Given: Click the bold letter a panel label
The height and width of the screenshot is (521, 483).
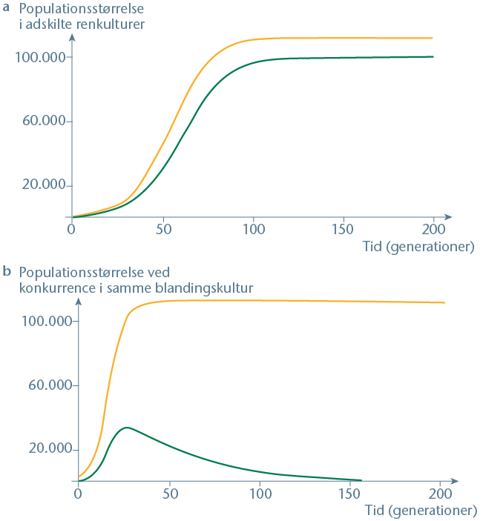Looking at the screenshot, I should pyautogui.click(x=7, y=8).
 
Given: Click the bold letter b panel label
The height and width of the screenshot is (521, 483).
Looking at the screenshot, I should pyautogui.click(x=7, y=272).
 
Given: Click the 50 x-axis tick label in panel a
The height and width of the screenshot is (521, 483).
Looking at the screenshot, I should pyautogui.click(x=162, y=228).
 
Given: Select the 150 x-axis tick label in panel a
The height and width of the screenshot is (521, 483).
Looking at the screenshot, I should pyautogui.click(x=344, y=228).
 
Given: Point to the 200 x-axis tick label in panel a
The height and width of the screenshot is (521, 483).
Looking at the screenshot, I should pyautogui.click(x=433, y=228).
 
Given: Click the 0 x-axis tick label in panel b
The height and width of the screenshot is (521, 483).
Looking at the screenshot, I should pyautogui.click(x=78, y=494).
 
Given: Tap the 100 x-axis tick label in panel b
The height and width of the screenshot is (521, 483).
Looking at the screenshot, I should pyautogui.click(x=260, y=494).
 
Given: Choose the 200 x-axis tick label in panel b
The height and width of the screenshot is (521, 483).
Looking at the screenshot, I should pyautogui.click(x=440, y=494).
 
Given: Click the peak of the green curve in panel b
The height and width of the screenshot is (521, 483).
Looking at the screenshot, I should pyautogui.click(x=127, y=428).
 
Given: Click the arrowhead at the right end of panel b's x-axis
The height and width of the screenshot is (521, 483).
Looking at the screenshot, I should pyautogui.click(x=456, y=481).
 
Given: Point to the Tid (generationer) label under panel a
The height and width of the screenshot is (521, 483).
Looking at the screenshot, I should pyautogui.click(x=418, y=246).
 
